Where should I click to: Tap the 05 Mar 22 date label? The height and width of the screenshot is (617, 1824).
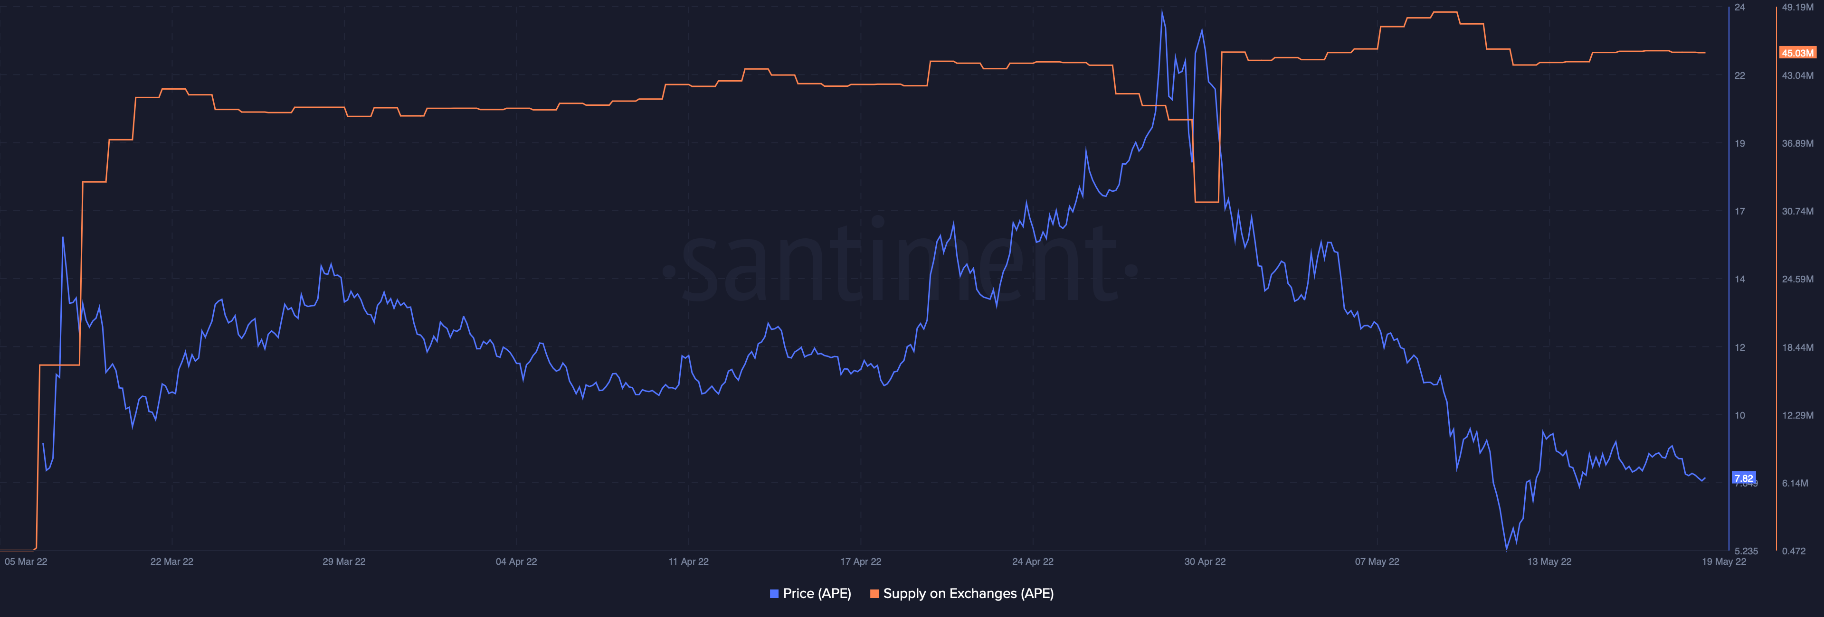(26, 562)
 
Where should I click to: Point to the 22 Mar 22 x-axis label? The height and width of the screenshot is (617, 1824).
(172, 562)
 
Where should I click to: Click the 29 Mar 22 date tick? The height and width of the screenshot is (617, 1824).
(344, 562)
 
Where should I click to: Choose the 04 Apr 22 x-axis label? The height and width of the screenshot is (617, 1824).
(516, 562)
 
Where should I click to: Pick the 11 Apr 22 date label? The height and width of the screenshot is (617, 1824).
(688, 562)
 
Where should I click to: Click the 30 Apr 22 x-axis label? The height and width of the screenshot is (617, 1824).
(1205, 562)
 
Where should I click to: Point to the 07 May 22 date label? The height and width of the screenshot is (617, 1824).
(1377, 562)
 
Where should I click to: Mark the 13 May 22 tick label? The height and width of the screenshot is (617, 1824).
(1549, 562)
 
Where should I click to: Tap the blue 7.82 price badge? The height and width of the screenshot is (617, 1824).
(1743, 478)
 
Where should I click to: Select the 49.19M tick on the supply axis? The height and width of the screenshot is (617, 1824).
(1798, 7)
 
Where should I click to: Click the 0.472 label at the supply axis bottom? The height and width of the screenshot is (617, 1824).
(1794, 551)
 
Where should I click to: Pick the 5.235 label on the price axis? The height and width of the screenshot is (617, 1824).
(1746, 551)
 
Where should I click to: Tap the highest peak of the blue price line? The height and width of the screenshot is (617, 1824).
(1162, 11)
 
